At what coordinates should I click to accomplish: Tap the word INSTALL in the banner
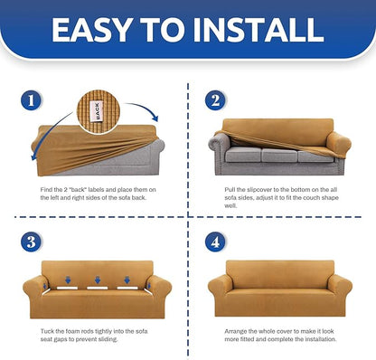(x=258, y=30)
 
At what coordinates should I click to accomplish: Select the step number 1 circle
(x=31, y=100)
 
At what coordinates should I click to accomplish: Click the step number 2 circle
(x=215, y=100)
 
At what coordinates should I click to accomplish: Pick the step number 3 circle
(x=31, y=242)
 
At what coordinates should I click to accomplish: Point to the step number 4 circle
(x=215, y=242)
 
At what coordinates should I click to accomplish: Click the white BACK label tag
(x=97, y=112)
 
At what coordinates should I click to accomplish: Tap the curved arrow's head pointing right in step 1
(x=155, y=118)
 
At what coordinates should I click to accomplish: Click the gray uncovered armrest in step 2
(x=219, y=143)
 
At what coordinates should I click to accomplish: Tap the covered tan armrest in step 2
(x=339, y=142)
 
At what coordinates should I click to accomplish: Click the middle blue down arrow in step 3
(x=98, y=279)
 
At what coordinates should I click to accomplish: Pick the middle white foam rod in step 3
(x=97, y=288)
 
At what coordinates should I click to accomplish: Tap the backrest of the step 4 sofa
(x=280, y=274)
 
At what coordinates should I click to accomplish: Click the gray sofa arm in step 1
(x=159, y=146)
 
